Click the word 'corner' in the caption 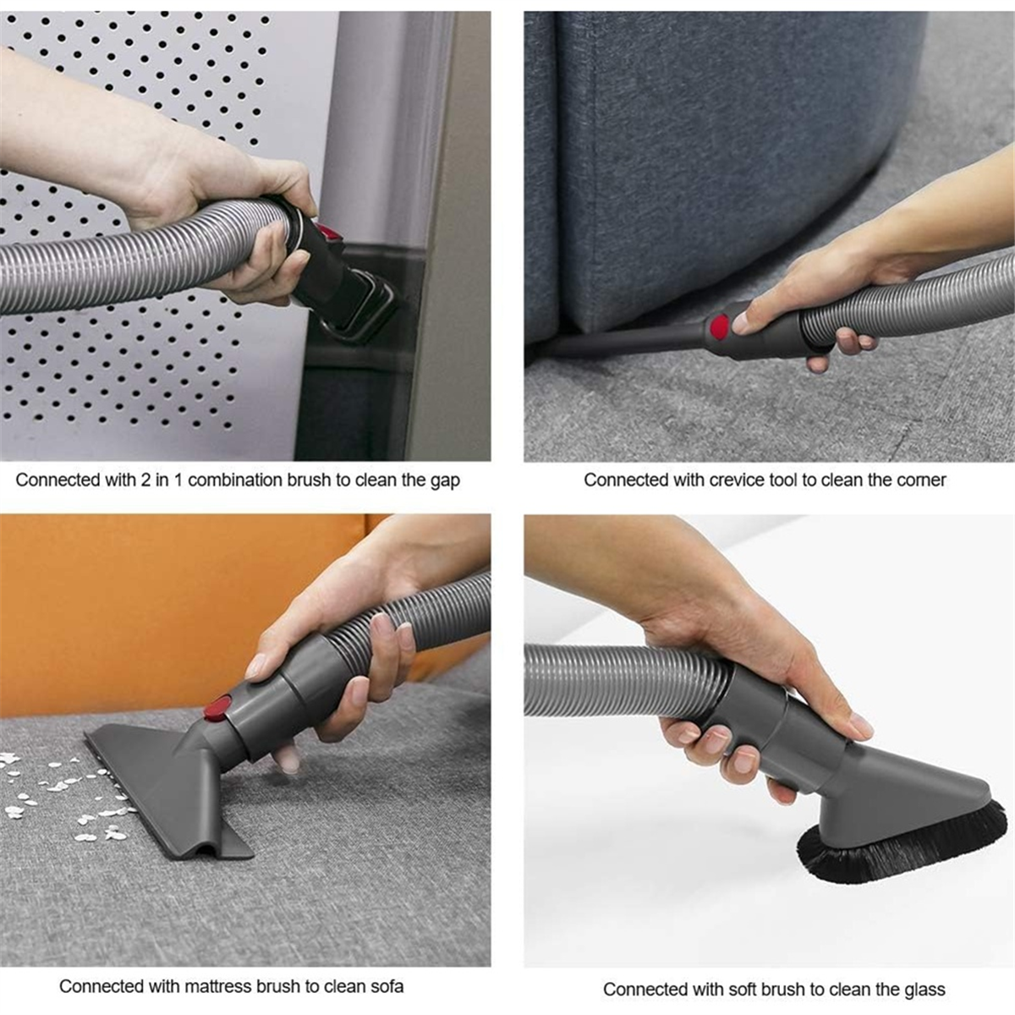(x=922, y=480)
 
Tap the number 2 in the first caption (x=145, y=480)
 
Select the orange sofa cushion (x=174, y=611)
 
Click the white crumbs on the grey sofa (x=63, y=790)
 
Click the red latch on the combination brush (x=328, y=232)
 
